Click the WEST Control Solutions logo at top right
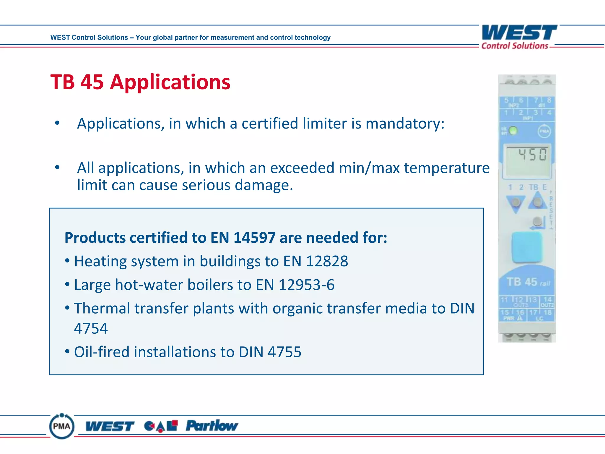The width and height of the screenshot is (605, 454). tap(519, 37)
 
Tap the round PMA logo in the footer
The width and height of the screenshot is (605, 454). tap(62, 426)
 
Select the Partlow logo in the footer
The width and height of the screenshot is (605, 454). tap(212, 426)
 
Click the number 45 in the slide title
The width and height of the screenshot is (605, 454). tap(92, 82)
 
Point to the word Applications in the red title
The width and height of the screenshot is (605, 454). tap(170, 82)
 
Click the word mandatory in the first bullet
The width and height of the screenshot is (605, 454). tap(405, 124)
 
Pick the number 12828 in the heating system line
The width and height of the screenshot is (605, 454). tap(327, 261)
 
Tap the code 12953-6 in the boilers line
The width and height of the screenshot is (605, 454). tap(306, 285)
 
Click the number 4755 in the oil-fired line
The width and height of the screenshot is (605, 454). tap(284, 352)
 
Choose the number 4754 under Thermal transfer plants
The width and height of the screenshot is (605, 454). tap(91, 328)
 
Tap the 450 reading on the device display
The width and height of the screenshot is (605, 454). tap(533, 155)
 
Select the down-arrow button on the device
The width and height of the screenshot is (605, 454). tap(516, 203)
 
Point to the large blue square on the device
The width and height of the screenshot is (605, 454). tap(527, 247)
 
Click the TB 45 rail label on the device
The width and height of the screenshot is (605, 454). tap(528, 282)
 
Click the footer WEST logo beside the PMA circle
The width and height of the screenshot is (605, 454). tap(110, 426)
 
